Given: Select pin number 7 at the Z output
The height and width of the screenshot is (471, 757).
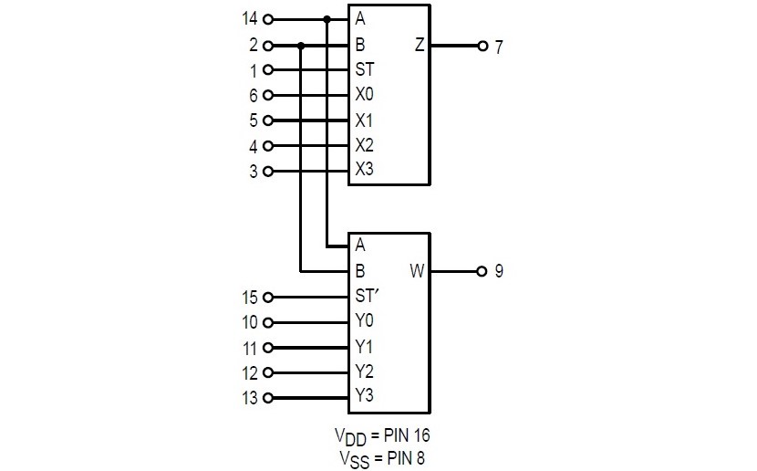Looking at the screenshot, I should coord(499,45).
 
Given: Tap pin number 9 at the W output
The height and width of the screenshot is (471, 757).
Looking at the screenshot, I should coord(499,271).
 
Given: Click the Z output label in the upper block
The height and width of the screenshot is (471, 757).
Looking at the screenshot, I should coord(419,45).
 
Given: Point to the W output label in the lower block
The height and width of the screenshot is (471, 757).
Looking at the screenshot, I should coord(418,271).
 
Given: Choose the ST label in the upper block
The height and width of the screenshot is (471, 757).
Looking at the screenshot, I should coord(365,69).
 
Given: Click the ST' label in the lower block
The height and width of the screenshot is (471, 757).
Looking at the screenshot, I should coord(368,296).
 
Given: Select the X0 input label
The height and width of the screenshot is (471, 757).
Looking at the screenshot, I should coord(365,95).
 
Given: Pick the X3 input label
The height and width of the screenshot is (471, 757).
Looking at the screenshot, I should coord(365,170).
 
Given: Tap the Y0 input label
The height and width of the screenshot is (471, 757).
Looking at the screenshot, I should coord(365,321).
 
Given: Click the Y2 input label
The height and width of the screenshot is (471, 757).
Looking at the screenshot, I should coord(365,372).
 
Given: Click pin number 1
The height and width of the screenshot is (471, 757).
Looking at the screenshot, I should coord(254,69).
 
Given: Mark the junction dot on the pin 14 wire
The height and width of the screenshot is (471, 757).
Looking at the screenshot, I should coord(327,18).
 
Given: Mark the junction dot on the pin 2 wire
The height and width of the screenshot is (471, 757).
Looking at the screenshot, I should coord(301,45).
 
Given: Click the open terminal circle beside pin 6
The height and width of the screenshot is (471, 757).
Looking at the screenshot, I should coord(267,95).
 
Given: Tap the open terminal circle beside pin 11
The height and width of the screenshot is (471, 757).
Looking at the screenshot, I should coord(267,347).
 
